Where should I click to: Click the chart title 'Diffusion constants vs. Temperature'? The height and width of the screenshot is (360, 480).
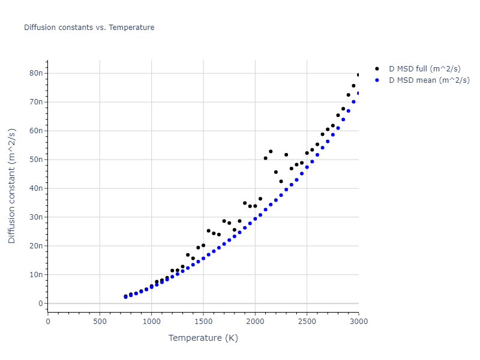pyautogui.click(x=89, y=28)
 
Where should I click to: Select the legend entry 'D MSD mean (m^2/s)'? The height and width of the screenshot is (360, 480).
pyautogui.click(x=428, y=80)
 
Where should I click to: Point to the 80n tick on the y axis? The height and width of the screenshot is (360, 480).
pyautogui.click(x=35, y=73)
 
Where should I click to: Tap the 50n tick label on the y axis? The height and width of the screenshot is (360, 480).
pyautogui.click(x=35, y=160)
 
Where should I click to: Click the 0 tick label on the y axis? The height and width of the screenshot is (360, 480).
pyautogui.click(x=40, y=304)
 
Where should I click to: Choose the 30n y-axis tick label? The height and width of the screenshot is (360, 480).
pyautogui.click(x=35, y=217)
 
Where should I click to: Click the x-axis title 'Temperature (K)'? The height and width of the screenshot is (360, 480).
pyautogui.click(x=203, y=338)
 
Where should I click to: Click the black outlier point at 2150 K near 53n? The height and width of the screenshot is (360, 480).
pyautogui.click(x=271, y=151)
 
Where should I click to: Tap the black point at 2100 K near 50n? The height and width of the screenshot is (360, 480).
pyautogui.click(x=265, y=158)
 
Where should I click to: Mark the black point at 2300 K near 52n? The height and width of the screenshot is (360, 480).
pyautogui.click(x=286, y=155)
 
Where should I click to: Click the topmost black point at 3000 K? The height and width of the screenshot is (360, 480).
pyautogui.click(x=358, y=75)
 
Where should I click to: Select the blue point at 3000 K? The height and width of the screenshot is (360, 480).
pyautogui.click(x=358, y=93)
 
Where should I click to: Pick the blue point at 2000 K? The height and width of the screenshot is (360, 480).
pyautogui.click(x=255, y=219)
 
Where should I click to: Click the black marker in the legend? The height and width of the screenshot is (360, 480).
pyautogui.click(x=377, y=69)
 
